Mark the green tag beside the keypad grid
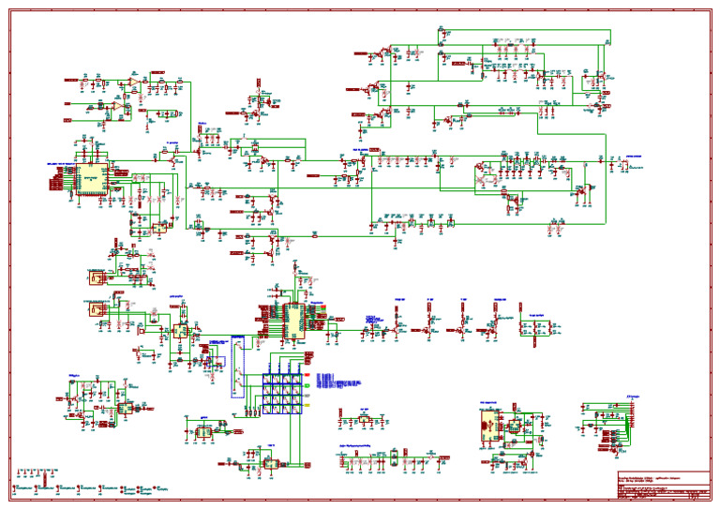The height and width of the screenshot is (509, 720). click(310, 365)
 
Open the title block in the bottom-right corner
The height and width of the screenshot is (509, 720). click(662, 486)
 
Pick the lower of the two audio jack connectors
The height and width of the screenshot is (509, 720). click(96, 310)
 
